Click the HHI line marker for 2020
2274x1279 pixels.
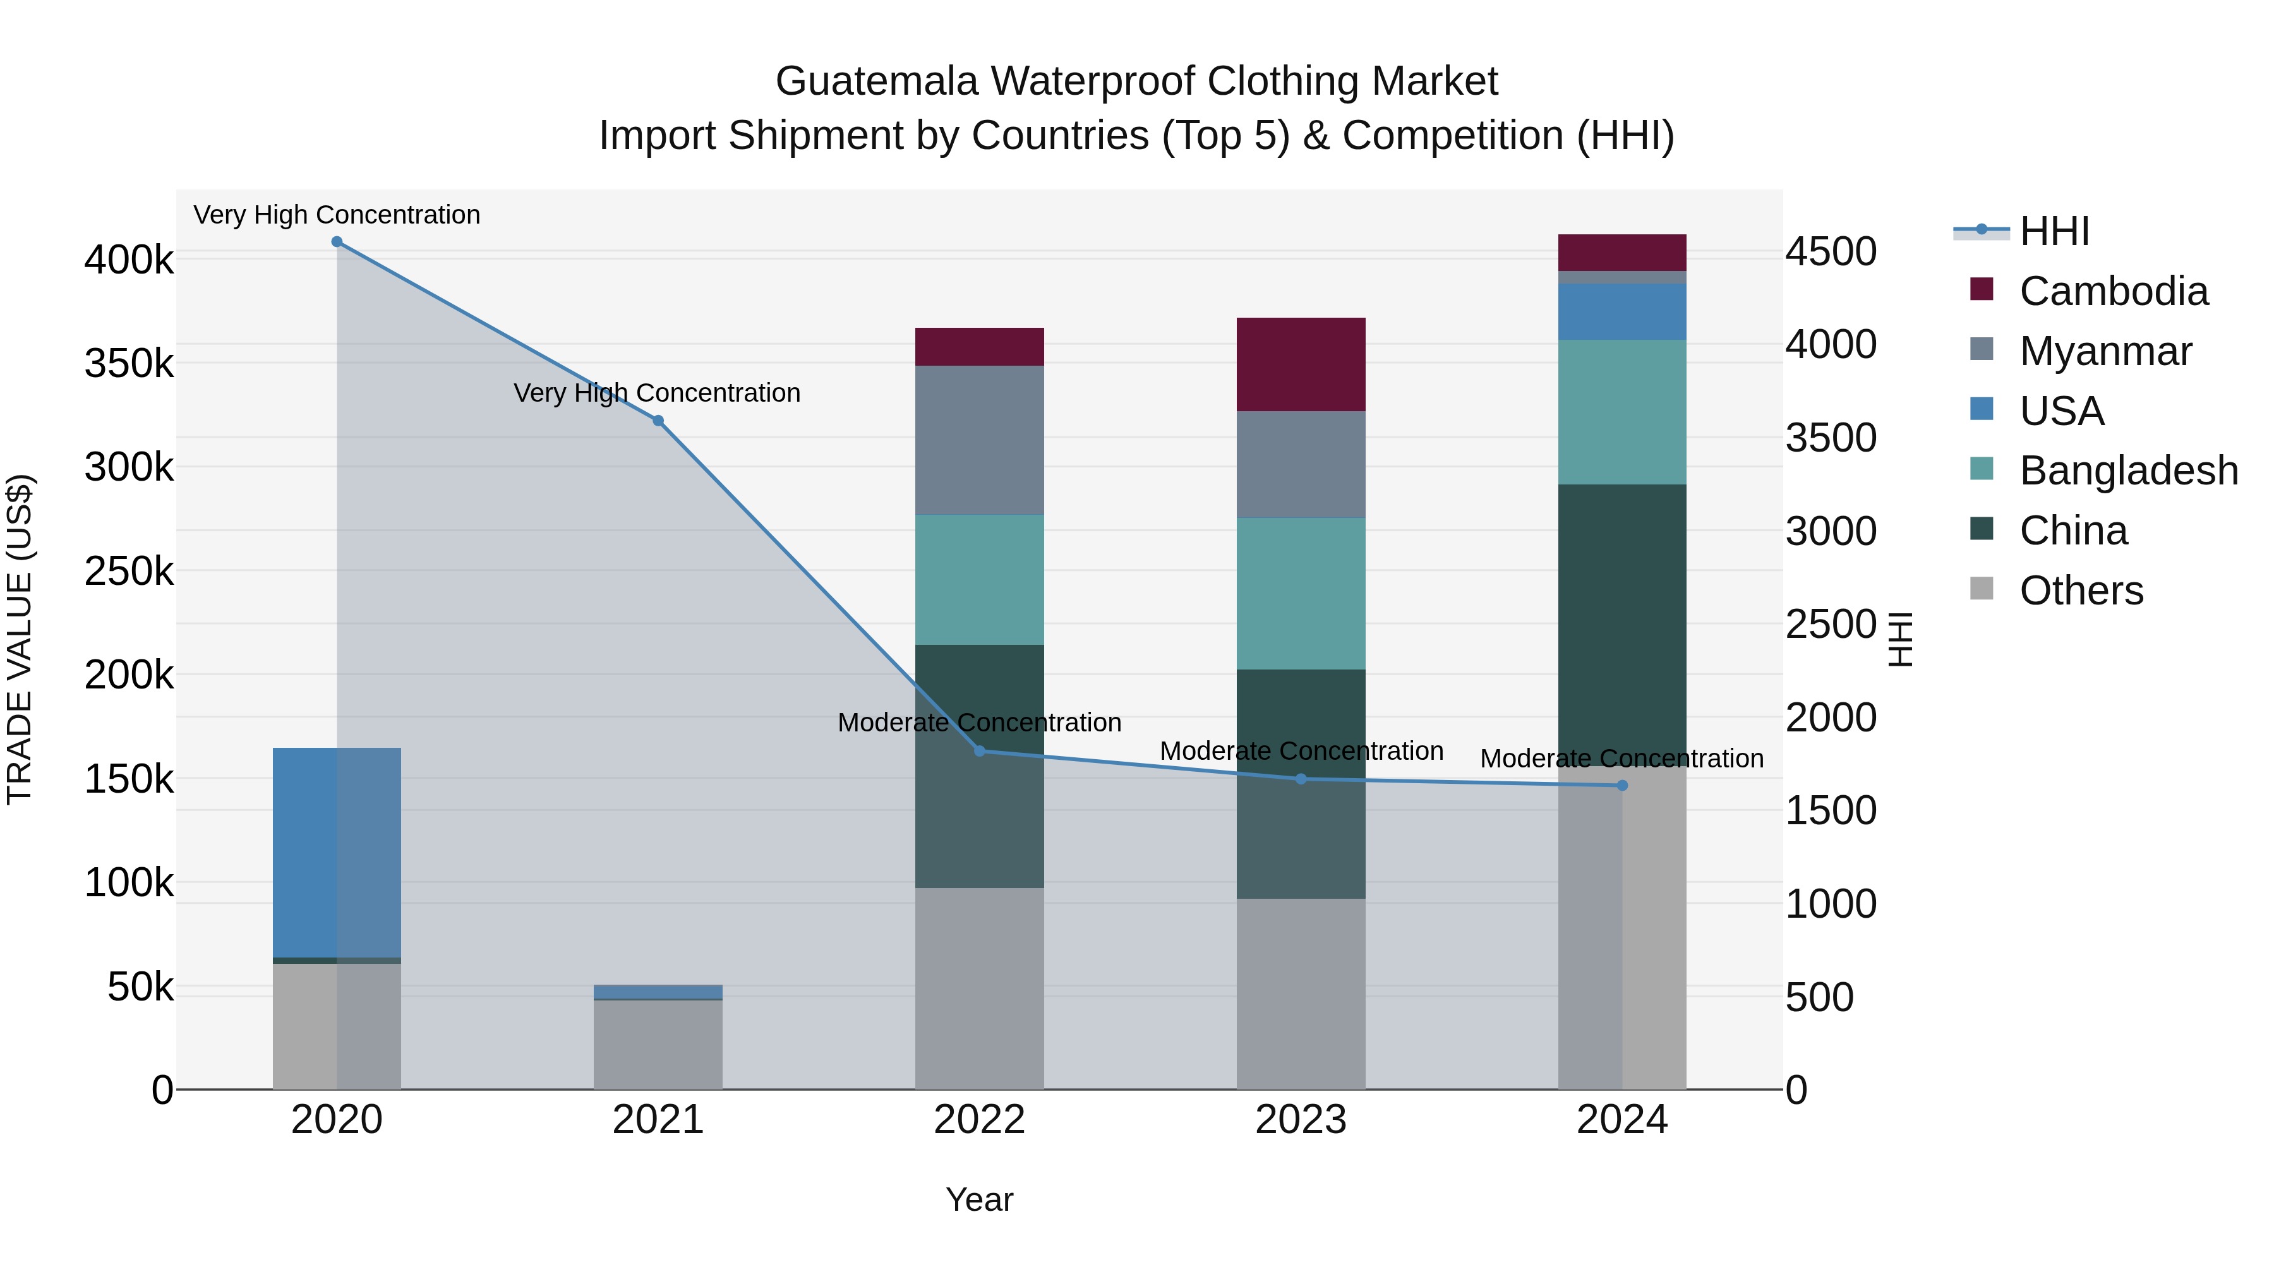point(336,242)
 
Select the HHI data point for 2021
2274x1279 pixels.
point(658,421)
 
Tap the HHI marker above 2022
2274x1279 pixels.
point(979,751)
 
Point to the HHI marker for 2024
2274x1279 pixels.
point(1621,786)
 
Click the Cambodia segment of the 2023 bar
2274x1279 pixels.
point(1301,364)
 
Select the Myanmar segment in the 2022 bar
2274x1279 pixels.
point(979,440)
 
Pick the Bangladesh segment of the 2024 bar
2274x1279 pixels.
point(1621,412)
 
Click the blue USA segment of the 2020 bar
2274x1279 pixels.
point(336,853)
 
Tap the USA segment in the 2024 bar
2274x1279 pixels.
point(1621,311)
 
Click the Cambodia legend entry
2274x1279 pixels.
point(2114,291)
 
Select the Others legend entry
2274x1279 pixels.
point(2081,591)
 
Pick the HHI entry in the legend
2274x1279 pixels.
point(2054,231)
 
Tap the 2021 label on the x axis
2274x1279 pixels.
point(658,1120)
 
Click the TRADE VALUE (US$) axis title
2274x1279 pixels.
point(20,639)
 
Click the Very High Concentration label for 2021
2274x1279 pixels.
point(657,393)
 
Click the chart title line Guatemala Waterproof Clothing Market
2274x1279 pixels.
point(1136,81)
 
